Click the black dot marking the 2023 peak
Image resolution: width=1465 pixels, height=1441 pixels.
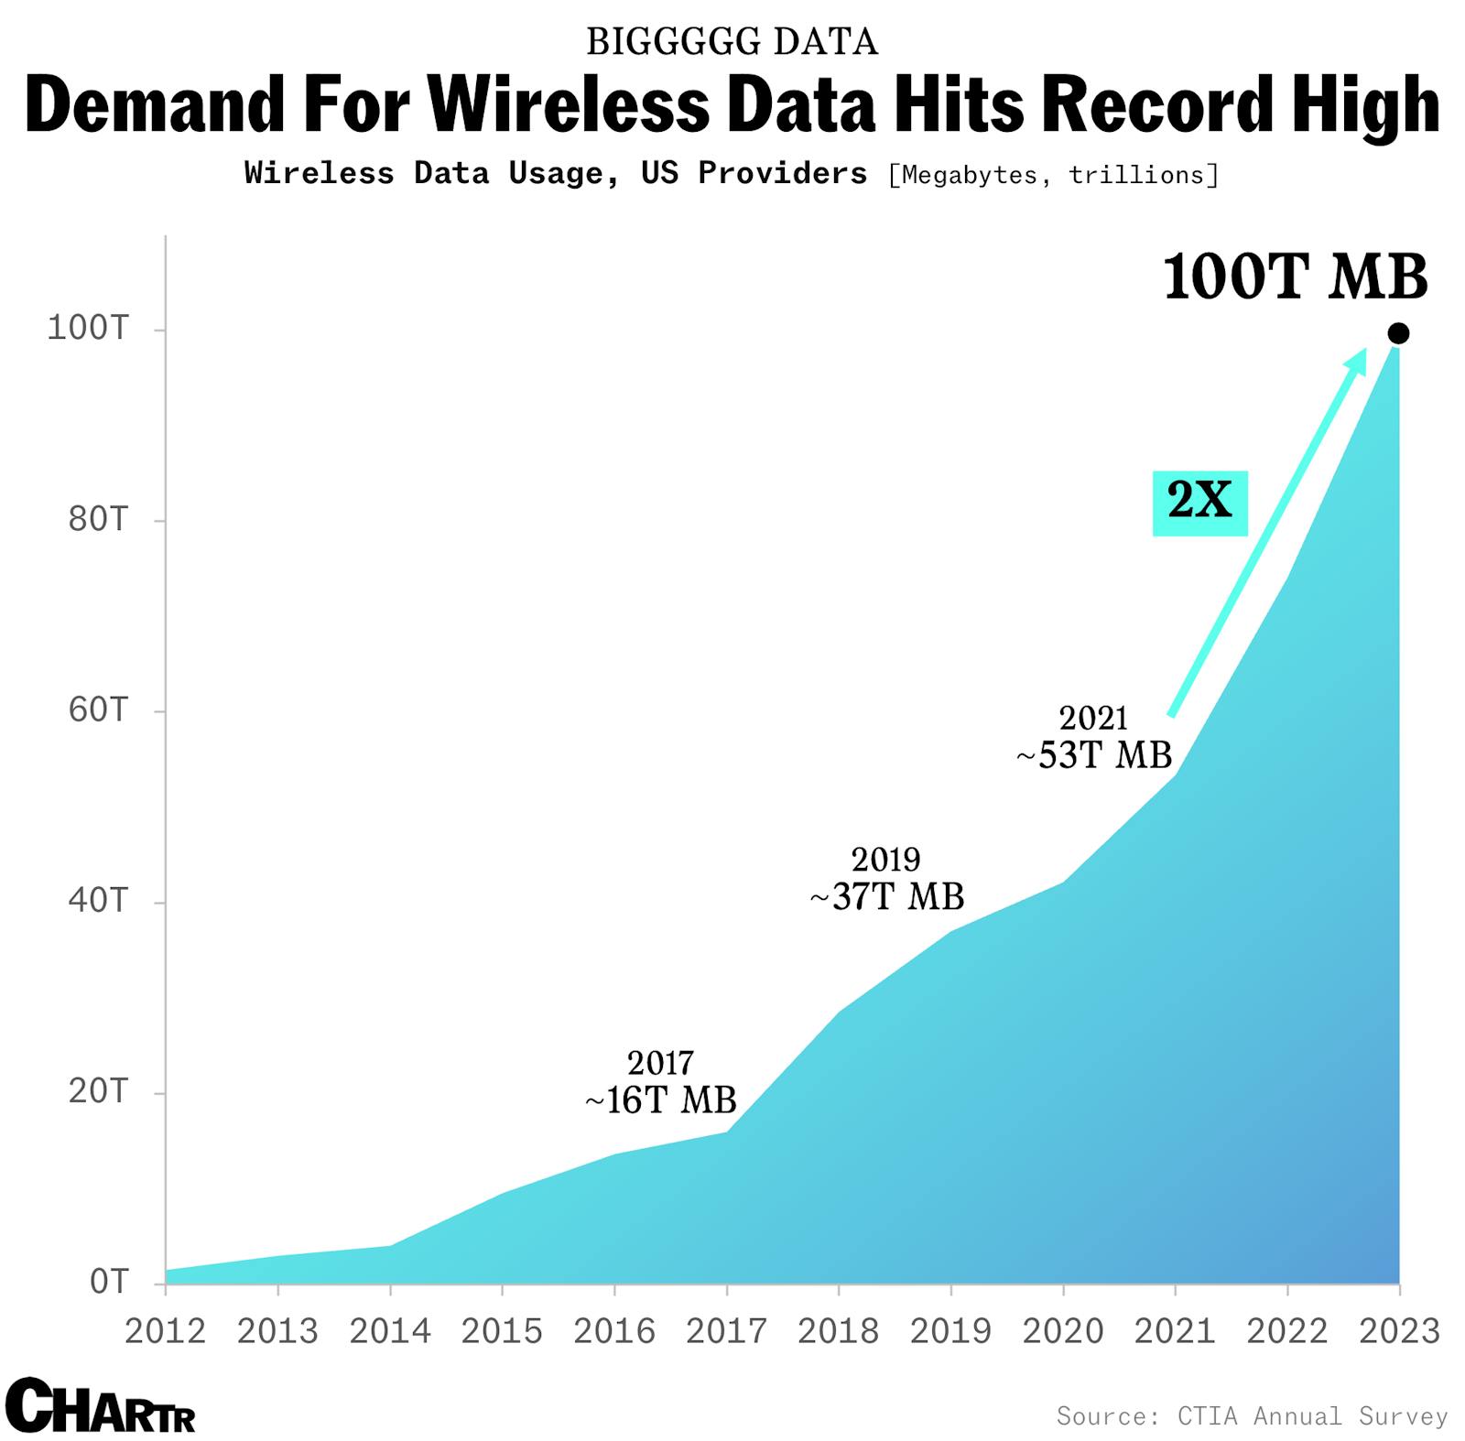1397,333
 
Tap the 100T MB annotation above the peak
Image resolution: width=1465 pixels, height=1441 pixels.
1295,276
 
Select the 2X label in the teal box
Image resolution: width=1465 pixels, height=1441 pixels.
1199,501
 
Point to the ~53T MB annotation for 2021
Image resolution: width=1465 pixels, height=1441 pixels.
1094,755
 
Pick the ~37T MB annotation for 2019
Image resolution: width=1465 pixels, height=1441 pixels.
886,896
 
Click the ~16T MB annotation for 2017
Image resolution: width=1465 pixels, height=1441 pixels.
660,1100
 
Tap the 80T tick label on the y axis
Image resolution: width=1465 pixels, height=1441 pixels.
97,519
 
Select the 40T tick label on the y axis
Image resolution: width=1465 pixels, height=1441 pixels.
97,900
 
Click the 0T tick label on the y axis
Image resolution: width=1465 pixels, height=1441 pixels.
108,1282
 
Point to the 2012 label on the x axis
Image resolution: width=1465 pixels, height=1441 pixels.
166,1331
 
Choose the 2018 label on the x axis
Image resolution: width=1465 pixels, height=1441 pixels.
838,1331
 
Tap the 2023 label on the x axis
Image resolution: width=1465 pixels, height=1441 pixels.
1399,1331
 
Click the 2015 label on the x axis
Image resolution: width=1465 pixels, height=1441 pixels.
502,1331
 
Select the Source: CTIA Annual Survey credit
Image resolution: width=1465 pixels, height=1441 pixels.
1252,1415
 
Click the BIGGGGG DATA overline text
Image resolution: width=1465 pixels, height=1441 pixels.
732,42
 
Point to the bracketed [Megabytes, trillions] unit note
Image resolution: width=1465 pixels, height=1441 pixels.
1053,175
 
